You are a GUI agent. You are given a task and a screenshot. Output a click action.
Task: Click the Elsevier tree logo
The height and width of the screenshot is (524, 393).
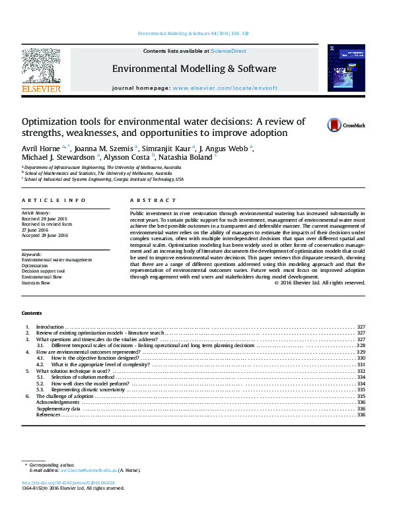41,65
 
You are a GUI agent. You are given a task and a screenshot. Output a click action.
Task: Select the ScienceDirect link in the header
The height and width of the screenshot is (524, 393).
227,50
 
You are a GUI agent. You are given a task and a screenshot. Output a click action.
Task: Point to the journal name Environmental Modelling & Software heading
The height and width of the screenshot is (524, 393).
194,69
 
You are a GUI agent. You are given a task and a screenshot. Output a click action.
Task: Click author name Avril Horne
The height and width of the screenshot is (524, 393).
41,148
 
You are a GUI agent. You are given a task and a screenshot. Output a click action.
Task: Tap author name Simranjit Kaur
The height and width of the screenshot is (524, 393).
167,148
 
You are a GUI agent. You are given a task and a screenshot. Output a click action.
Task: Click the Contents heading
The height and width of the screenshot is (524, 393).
32,313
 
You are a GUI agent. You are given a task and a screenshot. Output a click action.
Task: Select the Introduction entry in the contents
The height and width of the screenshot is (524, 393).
50,327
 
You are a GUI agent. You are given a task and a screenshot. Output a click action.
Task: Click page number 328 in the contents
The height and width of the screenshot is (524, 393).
361,345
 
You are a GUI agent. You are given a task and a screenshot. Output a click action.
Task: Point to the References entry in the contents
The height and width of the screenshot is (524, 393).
48,414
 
